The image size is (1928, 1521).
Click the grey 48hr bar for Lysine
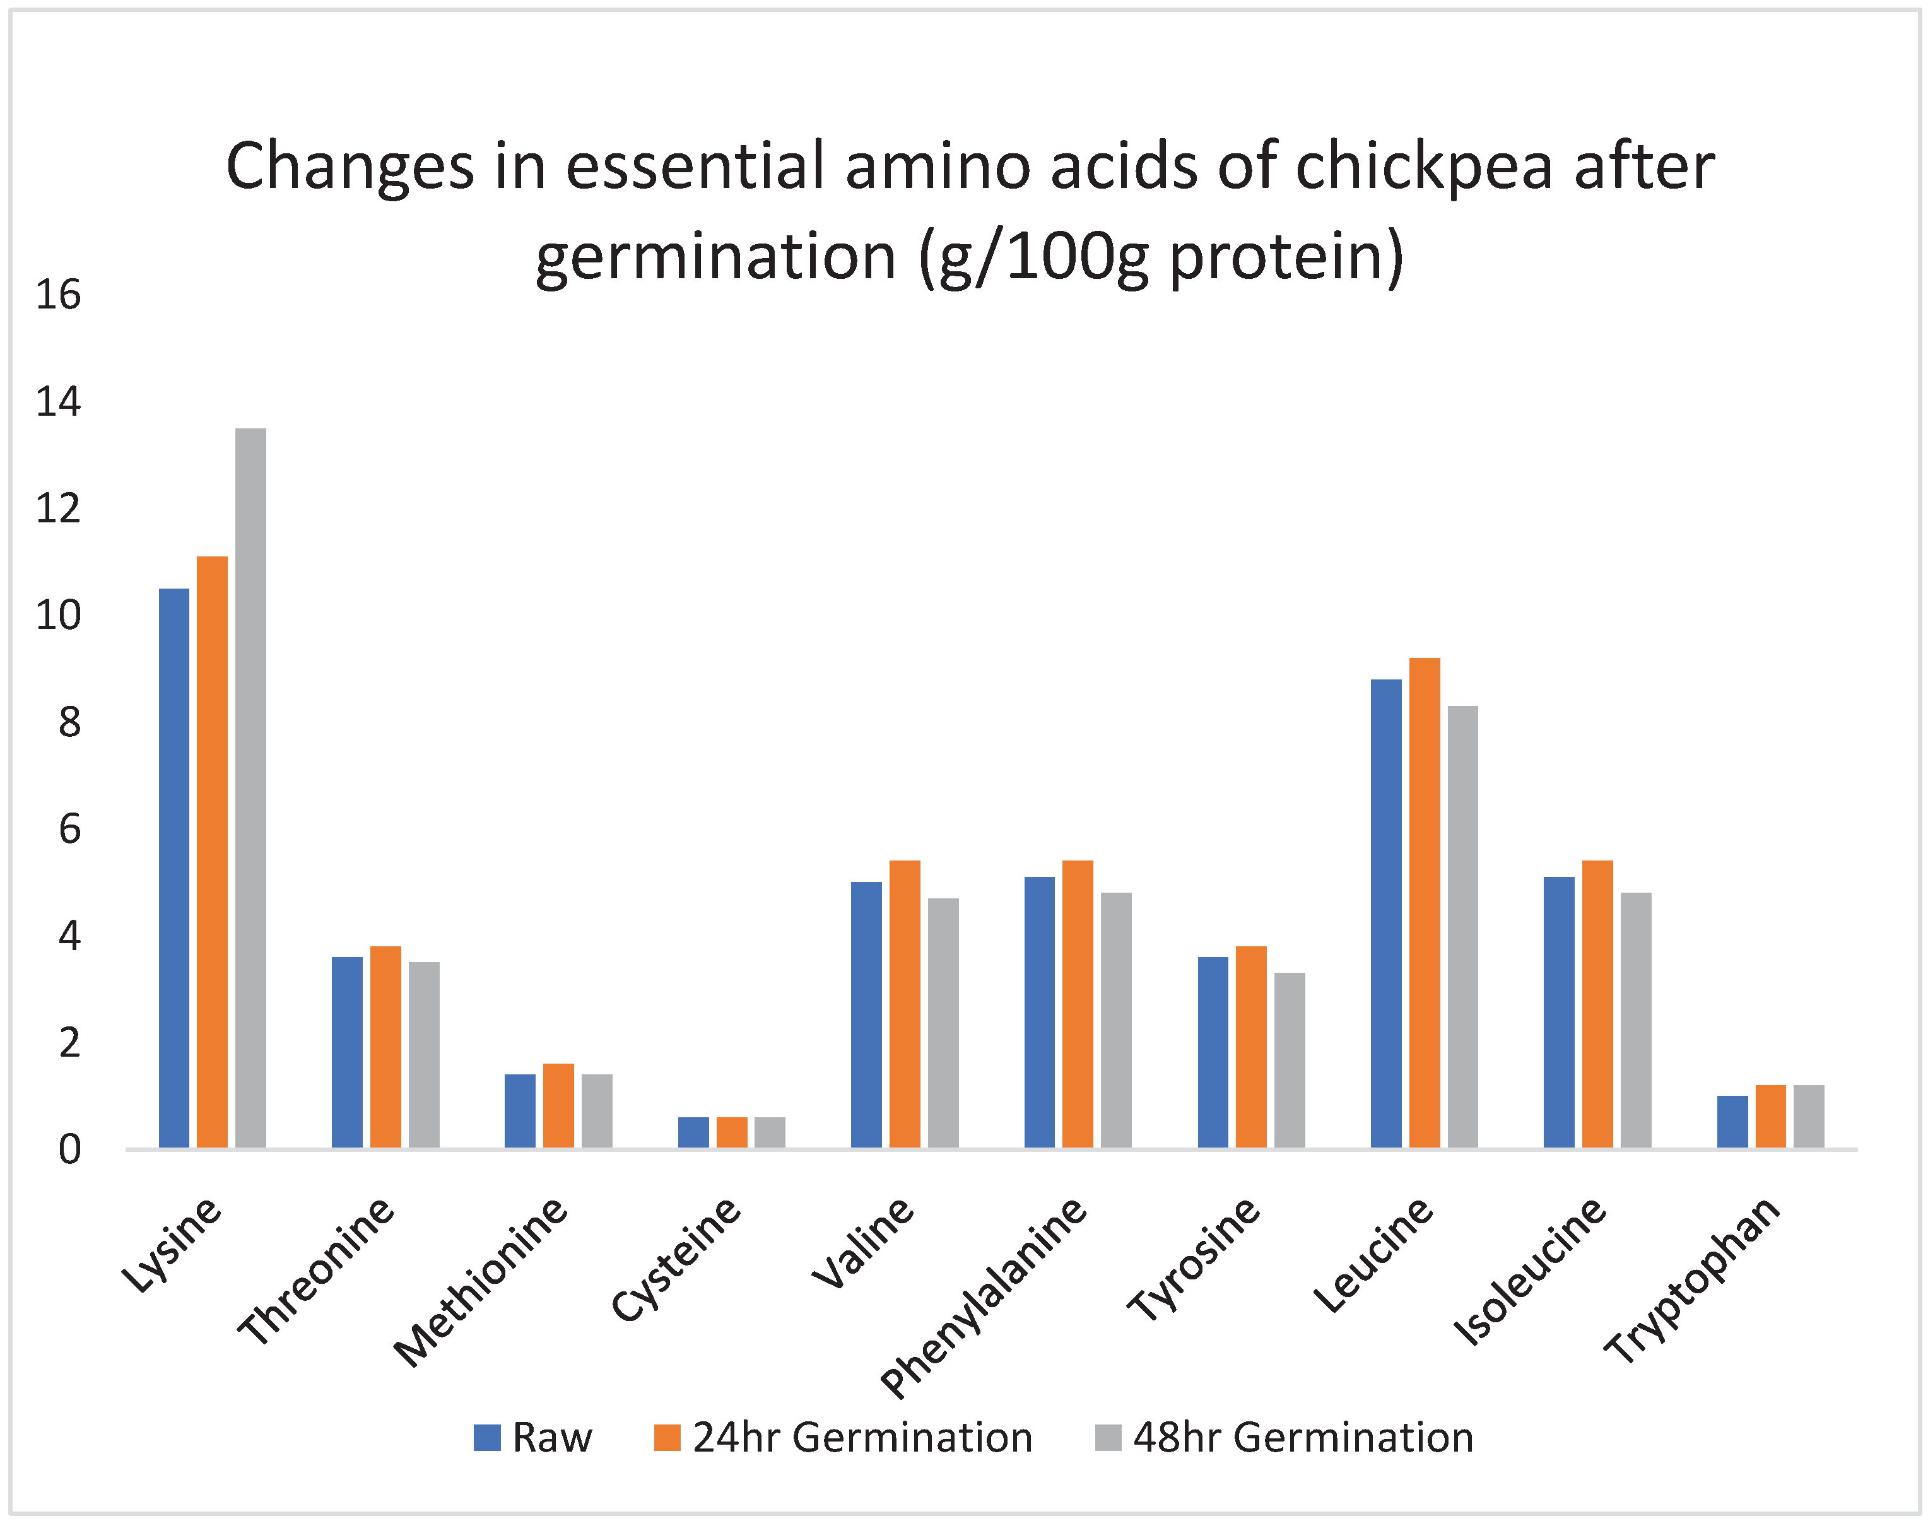[250, 787]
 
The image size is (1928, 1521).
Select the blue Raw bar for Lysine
[173, 867]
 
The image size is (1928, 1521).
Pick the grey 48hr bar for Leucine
[1462, 926]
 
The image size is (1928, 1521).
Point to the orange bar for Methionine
[558, 1105]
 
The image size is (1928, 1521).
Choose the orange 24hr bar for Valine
[905, 1004]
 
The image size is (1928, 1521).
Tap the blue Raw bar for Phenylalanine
[1039, 1012]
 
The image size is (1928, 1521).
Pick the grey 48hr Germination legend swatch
[1108, 1437]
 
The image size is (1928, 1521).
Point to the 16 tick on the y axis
[58, 295]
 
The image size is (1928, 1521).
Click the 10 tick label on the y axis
[58, 615]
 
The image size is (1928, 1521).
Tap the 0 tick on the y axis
[69, 1149]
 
